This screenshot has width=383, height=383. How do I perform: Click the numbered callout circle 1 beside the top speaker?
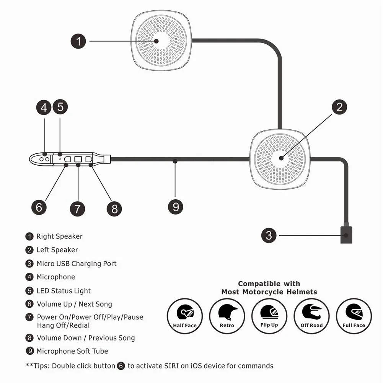78,41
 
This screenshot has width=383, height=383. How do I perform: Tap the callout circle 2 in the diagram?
340,107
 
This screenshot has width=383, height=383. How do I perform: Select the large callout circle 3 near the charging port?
269,235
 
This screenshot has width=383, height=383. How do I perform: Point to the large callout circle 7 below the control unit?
77,209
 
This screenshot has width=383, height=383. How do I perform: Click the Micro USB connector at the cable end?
346,235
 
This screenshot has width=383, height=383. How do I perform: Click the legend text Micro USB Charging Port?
77,264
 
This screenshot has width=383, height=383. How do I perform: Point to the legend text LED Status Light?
64,291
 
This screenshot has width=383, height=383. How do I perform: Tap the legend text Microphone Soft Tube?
72,351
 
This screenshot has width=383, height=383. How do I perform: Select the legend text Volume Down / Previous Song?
86,338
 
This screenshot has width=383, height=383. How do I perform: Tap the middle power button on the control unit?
78,158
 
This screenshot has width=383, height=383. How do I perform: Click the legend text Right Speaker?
59,236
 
